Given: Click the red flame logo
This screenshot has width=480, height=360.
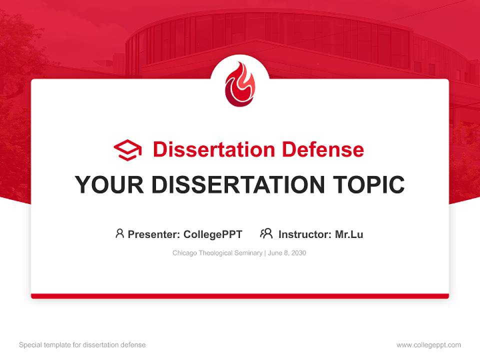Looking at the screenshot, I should pos(239,85).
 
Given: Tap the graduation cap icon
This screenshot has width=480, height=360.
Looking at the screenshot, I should pos(127,149).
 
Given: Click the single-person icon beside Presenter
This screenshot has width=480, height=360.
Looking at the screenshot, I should pos(119,233).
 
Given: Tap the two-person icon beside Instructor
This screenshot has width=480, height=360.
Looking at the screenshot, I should pos(266,233).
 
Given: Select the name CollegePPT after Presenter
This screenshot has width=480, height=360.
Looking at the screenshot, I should pos(212,234).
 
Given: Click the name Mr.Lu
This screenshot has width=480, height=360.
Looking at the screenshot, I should pos(349,234).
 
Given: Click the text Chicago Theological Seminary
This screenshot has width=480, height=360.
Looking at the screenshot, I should pos(217,253).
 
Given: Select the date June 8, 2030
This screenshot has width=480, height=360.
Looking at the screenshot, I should pos(287,253).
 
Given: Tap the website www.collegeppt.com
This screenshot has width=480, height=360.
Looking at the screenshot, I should pos(428,345).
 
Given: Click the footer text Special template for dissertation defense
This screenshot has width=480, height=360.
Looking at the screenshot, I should pos(82,345).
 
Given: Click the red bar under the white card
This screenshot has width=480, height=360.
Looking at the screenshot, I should pos(239,296).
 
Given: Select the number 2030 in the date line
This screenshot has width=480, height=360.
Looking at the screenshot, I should pos(298,253).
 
